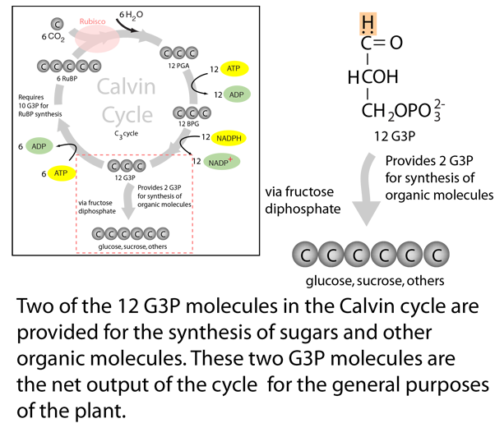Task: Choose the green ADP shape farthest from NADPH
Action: [38, 147]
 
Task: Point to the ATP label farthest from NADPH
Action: [61, 173]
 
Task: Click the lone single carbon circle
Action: [58, 25]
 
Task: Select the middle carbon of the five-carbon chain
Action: [69, 66]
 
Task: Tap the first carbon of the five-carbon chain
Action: [43, 66]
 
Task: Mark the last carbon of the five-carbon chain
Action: [95, 66]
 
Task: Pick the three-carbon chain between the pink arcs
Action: [127, 167]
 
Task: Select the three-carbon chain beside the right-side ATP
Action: [178, 53]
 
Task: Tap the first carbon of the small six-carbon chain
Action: [98, 235]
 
